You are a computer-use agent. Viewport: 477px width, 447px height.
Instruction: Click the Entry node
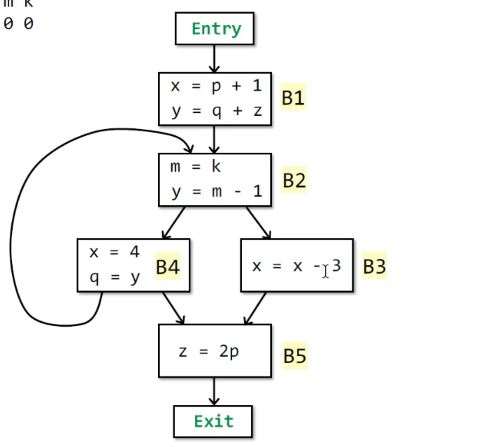pyautogui.click(x=214, y=28)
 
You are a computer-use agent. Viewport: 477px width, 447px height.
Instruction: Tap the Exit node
pyautogui.click(x=213, y=421)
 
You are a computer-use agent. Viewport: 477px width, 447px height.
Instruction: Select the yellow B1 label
pyautogui.click(x=293, y=97)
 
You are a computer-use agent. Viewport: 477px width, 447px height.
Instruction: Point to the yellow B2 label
pyautogui.click(x=294, y=180)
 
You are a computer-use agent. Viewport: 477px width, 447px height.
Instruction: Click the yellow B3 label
pyautogui.click(x=375, y=266)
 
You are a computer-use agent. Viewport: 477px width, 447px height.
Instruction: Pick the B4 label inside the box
pyautogui.click(x=168, y=267)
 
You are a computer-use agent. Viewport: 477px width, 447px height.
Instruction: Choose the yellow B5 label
pyautogui.click(x=295, y=355)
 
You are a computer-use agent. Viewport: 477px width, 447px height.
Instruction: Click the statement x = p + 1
pyautogui.click(x=216, y=85)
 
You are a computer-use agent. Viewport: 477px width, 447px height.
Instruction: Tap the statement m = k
pyautogui.click(x=195, y=167)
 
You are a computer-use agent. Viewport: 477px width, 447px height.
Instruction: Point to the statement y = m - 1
pyautogui.click(x=217, y=191)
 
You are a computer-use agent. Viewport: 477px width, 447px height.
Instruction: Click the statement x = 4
pyautogui.click(x=114, y=252)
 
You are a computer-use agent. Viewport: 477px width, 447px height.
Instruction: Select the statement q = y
pyautogui.click(x=114, y=277)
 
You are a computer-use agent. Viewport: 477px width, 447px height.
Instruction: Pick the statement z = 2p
pyautogui.click(x=209, y=352)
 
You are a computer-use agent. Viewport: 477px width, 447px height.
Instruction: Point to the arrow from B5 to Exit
pyautogui.click(x=214, y=391)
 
